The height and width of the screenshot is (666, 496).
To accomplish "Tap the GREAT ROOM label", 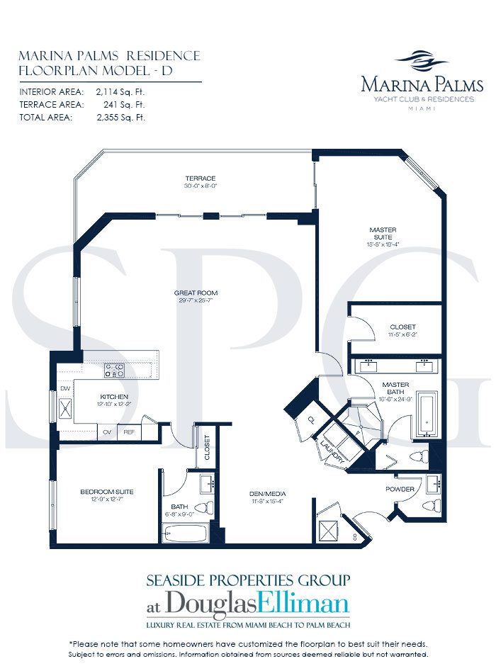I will pos(196,293).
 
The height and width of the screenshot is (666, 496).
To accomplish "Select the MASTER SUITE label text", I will pos(383,230).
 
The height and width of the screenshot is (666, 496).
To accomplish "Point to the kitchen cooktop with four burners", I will pos(115,369).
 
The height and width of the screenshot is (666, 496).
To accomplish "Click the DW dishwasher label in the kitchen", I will pos(65,388).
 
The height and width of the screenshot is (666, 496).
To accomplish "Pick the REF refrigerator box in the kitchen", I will pos(130,431).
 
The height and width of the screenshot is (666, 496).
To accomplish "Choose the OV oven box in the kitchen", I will pos(108,431).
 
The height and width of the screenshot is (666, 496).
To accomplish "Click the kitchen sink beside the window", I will pos(64,408).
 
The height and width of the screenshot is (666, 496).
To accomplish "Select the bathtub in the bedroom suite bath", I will pos(186,534).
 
